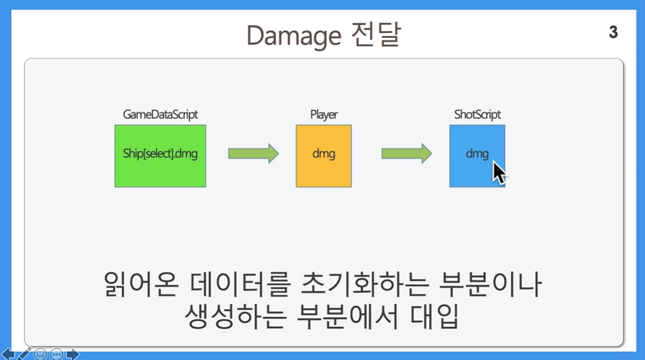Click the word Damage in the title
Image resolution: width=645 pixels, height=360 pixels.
[x=293, y=36]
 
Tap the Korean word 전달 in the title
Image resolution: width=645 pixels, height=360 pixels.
[x=376, y=34]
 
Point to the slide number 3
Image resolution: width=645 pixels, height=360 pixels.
[x=613, y=32]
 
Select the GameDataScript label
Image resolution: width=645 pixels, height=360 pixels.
[x=160, y=114]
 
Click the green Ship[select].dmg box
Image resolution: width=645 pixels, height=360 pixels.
[x=160, y=156]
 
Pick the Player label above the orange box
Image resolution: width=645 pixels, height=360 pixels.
[x=324, y=114]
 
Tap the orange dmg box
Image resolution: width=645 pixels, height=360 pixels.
[x=324, y=156]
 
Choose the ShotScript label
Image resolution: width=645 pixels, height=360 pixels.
[x=477, y=114]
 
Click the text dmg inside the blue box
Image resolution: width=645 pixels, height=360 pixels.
[x=477, y=154]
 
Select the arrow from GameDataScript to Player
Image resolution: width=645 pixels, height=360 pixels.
[x=254, y=154]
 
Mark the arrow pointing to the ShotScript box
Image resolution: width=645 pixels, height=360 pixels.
[x=406, y=154]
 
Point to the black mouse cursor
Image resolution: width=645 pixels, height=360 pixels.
[x=499, y=173]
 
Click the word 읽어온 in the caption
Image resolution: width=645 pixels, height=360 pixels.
[x=141, y=284]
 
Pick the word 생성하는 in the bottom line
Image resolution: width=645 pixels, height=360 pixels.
[x=235, y=317]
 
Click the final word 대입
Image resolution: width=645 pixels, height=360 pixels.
[x=434, y=317]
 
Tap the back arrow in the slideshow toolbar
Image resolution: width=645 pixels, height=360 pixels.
[x=8, y=354]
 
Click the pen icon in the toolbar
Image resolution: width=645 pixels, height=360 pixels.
[x=25, y=354]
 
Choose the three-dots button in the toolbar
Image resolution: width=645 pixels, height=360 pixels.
[x=57, y=354]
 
